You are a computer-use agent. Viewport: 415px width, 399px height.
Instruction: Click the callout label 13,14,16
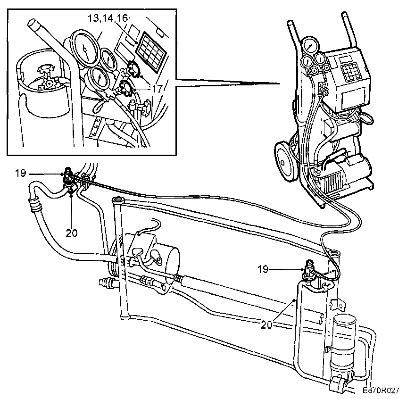tap(108, 19)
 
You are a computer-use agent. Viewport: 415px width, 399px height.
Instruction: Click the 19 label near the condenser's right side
tap(263, 269)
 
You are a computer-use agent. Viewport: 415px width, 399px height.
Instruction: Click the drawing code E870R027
tap(381, 391)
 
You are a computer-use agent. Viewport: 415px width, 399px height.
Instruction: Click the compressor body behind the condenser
tap(163, 255)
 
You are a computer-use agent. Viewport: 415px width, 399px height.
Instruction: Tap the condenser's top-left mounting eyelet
tap(117, 201)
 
